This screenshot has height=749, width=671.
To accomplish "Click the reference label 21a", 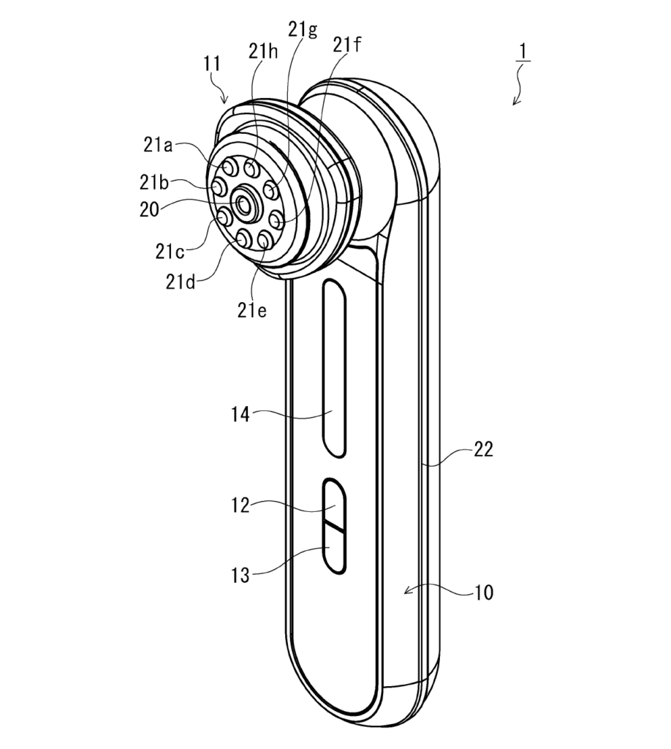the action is [x=158, y=144].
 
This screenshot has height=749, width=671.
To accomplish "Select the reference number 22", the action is [x=483, y=450].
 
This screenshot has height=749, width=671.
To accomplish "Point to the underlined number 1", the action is [x=523, y=52].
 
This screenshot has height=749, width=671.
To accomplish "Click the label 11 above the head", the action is [x=213, y=64].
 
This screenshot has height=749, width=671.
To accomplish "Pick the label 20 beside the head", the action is [x=149, y=210].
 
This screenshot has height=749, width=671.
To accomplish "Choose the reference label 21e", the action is [x=252, y=310].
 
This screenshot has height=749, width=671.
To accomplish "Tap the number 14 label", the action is [x=240, y=415].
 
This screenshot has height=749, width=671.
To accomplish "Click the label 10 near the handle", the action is [x=483, y=592].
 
